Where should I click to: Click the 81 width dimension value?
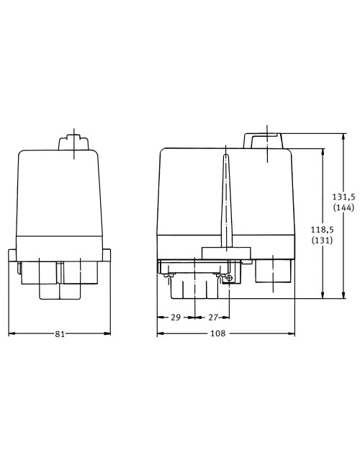tap(60, 334)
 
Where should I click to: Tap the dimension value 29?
tap(176, 316)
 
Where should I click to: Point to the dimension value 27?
tap(212, 316)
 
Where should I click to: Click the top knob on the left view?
tap(73, 141)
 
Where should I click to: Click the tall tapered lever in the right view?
tap(225, 202)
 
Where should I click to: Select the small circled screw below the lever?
tap(229, 279)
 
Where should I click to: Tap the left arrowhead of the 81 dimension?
tap(11, 334)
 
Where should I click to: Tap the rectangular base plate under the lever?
tap(225, 253)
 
